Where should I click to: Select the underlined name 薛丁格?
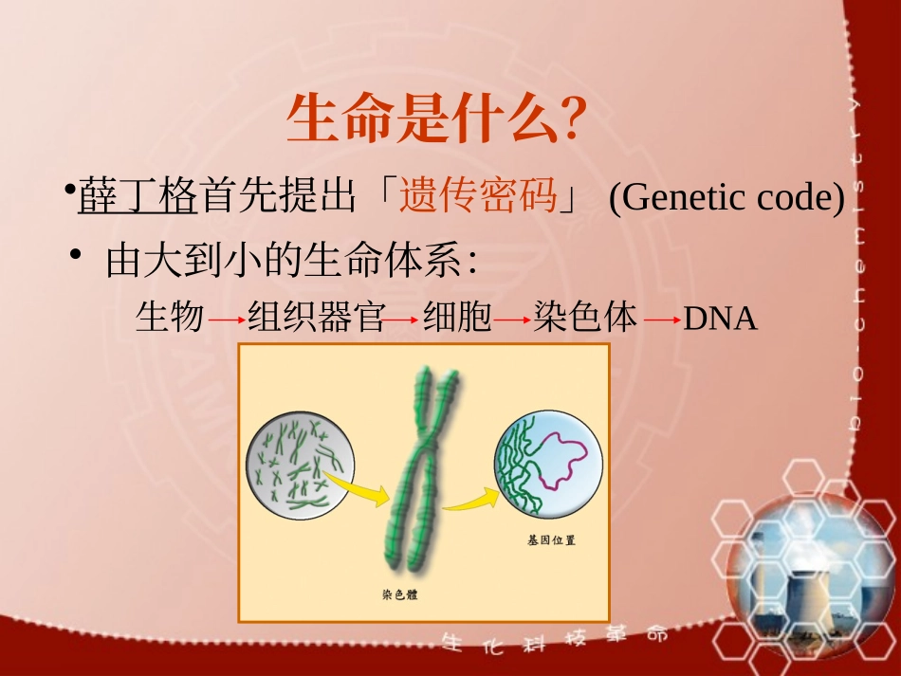tap(138, 197)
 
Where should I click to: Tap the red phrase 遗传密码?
tap(478, 197)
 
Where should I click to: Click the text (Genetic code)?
tap(726, 197)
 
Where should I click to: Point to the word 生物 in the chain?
tap(170, 318)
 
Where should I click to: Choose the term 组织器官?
tap(316, 318)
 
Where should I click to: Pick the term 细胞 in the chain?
tap(457, 318)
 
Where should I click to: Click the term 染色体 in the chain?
tap(585, 318)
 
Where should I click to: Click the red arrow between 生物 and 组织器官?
tap(227, 320)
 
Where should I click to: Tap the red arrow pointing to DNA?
tap(661, 320)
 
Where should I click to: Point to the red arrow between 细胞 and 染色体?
tap(512, 320)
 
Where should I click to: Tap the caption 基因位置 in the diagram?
tap(551, 541)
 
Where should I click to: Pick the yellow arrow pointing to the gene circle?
tap(470, 498)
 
